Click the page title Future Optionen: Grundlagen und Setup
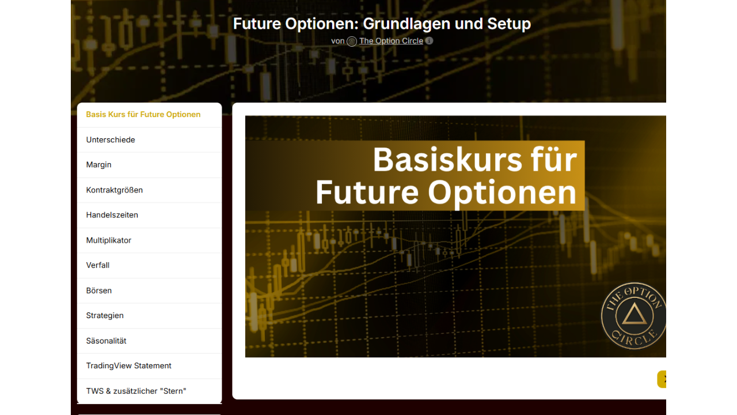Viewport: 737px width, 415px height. (382, 24)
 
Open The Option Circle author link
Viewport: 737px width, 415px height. (391, 41)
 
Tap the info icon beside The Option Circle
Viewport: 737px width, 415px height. (429, 40)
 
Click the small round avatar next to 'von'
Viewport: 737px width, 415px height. (352, 41)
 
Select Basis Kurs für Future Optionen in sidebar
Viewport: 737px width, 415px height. (143, 114)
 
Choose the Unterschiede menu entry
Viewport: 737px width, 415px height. (111, 139)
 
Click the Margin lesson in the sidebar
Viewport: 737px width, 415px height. (98, 165)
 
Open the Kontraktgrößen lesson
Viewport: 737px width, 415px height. (115, 190)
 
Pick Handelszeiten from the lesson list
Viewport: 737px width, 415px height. (112, 215)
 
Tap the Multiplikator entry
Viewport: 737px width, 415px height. (109, 240)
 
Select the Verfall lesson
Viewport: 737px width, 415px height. (98, 265)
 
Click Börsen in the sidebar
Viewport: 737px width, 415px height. (99, 290)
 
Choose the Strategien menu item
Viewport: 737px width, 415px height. (105, 315)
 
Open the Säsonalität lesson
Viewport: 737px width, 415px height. (107, 341)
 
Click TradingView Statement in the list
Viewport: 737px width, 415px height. (128, 365)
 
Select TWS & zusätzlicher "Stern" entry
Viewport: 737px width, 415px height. (136, 391)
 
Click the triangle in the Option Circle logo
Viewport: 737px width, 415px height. (634, 315)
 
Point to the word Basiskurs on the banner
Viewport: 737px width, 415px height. (447, 160)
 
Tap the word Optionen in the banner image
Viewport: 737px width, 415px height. (502, 193)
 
